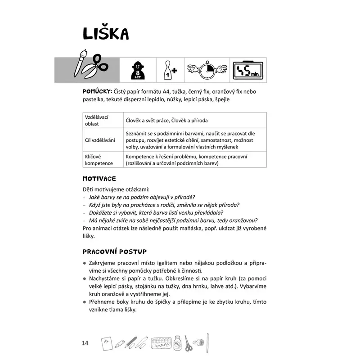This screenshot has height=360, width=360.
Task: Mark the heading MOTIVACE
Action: [99, 179]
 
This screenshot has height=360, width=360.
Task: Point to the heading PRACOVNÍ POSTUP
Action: [115, 251]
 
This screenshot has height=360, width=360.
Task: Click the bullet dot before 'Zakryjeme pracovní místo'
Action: [85, 263]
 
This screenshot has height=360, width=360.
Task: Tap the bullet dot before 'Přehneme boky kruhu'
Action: [85, 303]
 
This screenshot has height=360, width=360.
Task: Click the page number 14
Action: [85, 344]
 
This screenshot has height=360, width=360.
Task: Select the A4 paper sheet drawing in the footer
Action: [107, 343]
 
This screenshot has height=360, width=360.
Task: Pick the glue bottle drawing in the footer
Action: [179, 344]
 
